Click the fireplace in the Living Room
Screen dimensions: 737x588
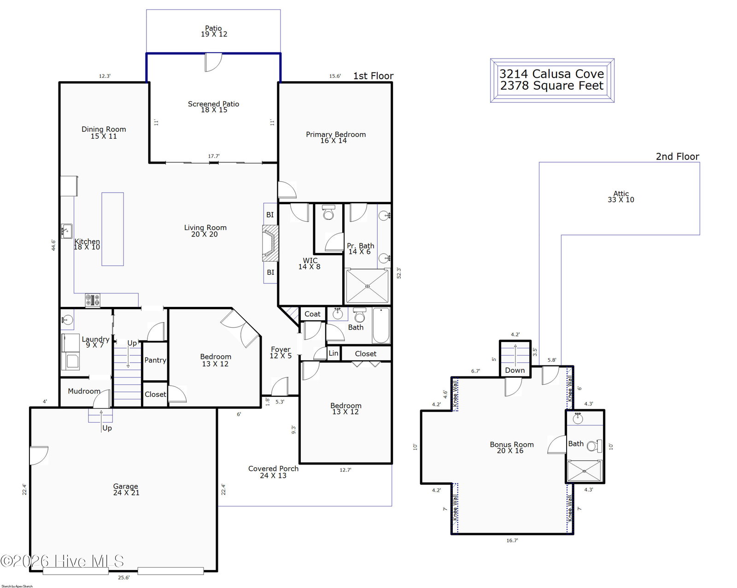click(270, 243)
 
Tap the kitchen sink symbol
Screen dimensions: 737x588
click(66, 231)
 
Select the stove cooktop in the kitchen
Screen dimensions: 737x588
click(93, 300)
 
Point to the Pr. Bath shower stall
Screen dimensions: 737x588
click(367, 286)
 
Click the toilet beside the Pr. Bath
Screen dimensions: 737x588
click(328, 212)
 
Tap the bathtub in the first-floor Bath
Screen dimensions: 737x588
click(381, 325)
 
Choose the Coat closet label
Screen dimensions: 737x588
click(312, 314)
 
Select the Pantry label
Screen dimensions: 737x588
click(155, 360)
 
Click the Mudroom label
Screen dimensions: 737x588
click(84, 391)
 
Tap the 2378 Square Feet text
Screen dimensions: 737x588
click(552, 86)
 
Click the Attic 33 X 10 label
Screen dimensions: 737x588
click(621, 197)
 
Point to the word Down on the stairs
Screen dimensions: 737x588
click(515, 370)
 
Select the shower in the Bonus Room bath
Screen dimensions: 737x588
click(584, 471)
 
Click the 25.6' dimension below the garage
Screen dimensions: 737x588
click(123, 577)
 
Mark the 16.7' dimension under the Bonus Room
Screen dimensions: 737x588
click(512, 541)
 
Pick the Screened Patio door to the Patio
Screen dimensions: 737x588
click(213, 62)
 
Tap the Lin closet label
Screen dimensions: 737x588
click(333, 353)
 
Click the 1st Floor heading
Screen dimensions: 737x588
click(373, 76)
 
